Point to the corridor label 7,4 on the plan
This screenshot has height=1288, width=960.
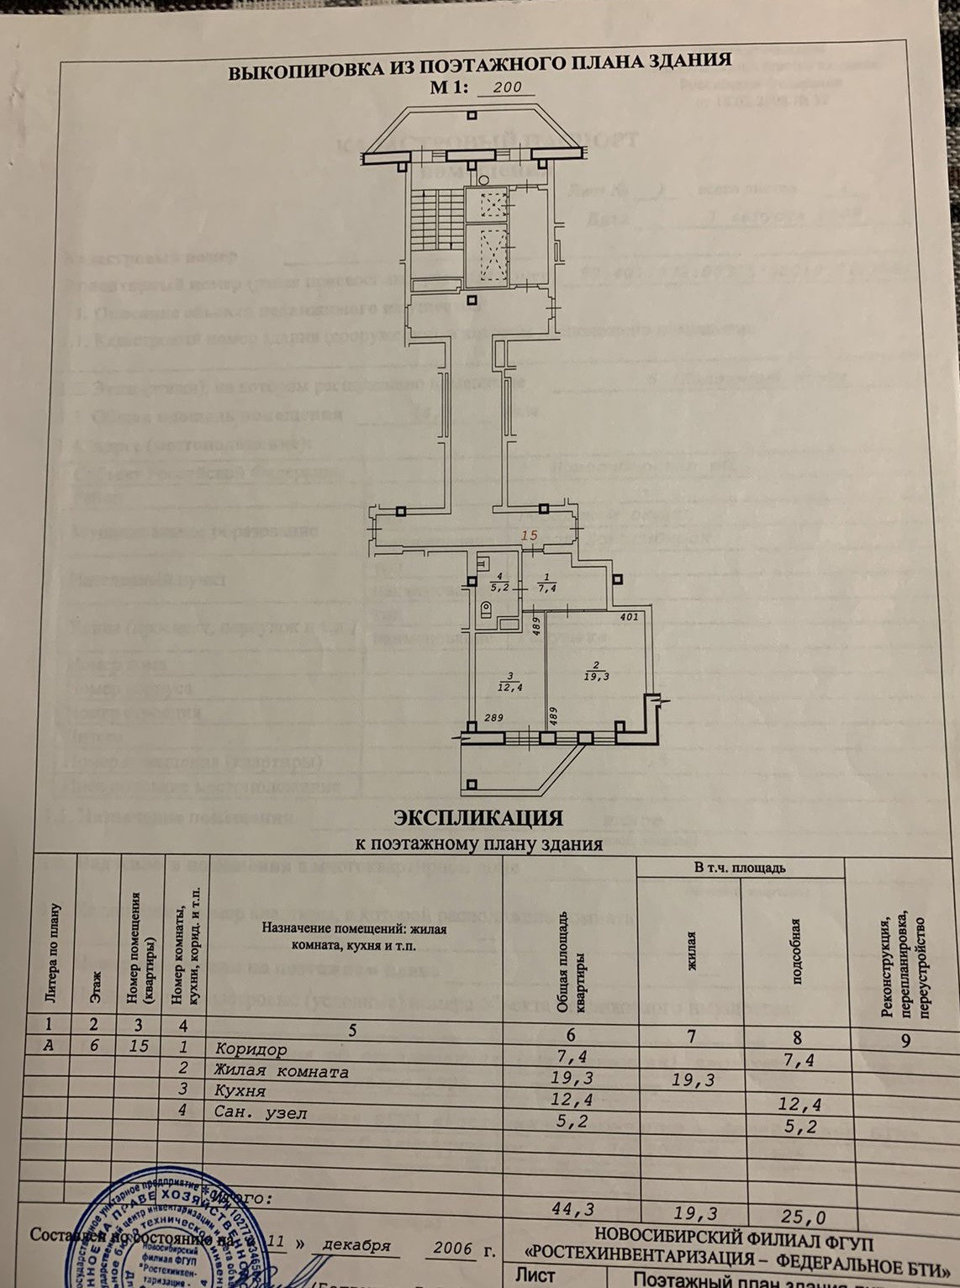pos(547,588)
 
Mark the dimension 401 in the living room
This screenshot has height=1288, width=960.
pos(628,617)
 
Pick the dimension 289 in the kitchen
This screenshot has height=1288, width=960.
pos(493,717)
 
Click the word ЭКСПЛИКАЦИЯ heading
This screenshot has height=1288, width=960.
pos(478,817)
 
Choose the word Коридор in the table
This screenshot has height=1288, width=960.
pos(251,1049)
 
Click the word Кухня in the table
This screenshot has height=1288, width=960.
pos(240,1091)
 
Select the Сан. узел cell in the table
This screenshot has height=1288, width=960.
pos(261,1113)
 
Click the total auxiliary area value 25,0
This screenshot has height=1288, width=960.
pos(804,1217)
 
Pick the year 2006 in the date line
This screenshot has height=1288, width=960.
pos(453,1248)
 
